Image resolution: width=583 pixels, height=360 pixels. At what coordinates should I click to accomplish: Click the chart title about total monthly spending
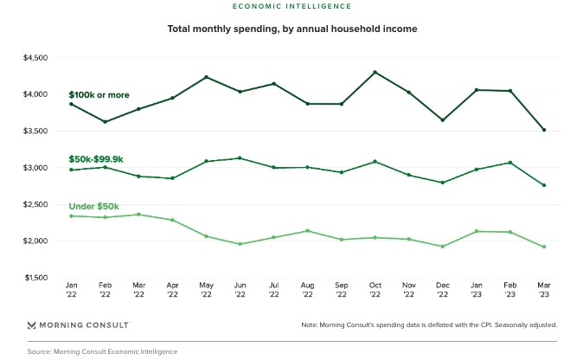(x=292, y=29)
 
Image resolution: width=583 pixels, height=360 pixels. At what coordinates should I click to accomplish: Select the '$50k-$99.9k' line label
(x=97, y=159)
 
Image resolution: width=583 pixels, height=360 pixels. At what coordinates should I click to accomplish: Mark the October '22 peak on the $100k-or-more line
(x=374, y=72)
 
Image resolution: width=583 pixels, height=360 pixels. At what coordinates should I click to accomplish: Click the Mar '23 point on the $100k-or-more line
(x=542, y=130)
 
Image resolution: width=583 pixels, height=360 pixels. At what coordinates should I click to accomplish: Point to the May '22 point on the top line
(x=206, y=77)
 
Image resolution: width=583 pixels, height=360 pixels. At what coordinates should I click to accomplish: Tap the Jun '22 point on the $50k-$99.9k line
(x=240, y=158)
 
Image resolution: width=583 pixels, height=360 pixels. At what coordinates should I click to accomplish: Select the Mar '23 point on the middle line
(x=542, y=185)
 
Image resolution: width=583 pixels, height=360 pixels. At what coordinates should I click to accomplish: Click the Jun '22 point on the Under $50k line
(x=240, y=244)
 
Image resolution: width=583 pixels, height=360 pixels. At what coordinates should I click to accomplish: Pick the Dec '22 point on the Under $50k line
(x=441, y=247)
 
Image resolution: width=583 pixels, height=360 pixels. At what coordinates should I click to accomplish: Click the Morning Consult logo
(x=79, y=325)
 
